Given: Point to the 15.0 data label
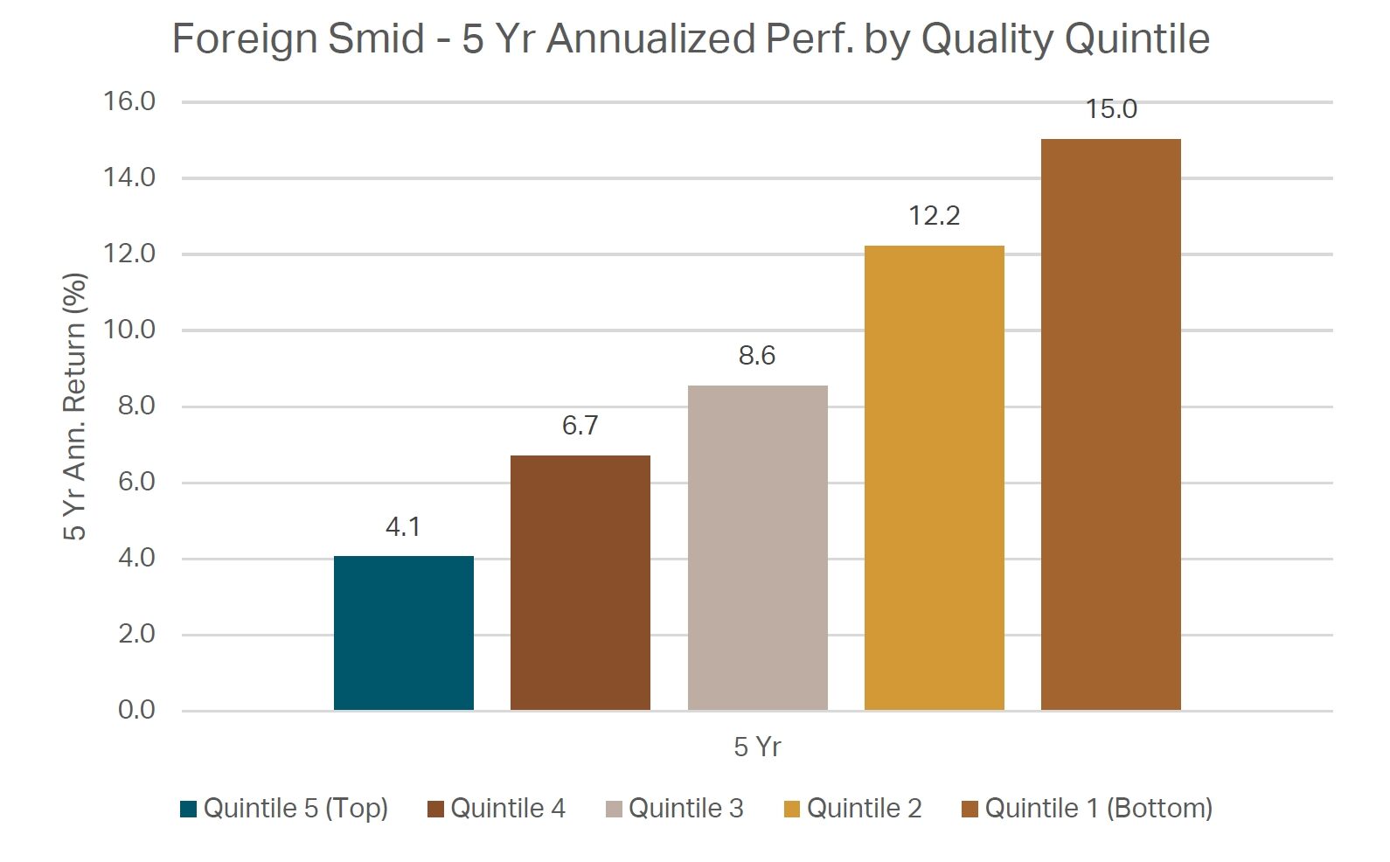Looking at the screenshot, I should (1111, 109).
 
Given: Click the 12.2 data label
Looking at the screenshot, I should (934, 216).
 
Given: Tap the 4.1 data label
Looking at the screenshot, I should (403, 527).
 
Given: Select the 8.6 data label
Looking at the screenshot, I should (757, 356).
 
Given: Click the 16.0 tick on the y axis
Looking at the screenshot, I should (129, 101).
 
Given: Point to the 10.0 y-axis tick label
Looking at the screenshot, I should (129, 330).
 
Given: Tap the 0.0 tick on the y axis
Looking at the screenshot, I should (136, 710).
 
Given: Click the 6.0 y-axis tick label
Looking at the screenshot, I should (136, 482).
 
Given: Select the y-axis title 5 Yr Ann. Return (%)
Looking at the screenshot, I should (75, 407).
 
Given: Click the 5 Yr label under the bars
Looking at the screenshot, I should (757, 747).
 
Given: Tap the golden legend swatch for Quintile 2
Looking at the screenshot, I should (792, 810).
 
